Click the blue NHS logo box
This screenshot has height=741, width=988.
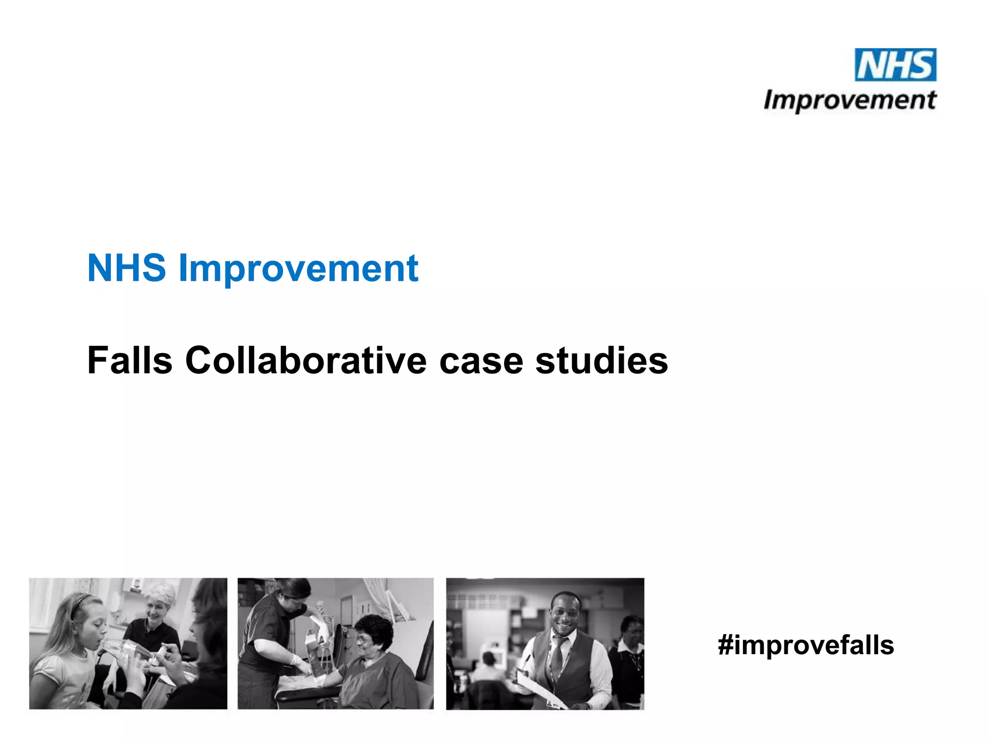coord(895,65)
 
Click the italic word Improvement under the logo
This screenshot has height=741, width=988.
coord(850,101)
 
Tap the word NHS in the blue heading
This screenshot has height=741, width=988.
coord(126,268)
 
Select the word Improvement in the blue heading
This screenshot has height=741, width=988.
coord(298,269)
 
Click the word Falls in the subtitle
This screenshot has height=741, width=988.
coord(130,360)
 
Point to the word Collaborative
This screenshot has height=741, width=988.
coord(306,360)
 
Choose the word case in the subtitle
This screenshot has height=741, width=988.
coord(481,361)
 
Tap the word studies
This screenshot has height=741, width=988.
coord(602,360)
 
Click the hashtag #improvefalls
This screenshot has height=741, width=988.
coord(806,645)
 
